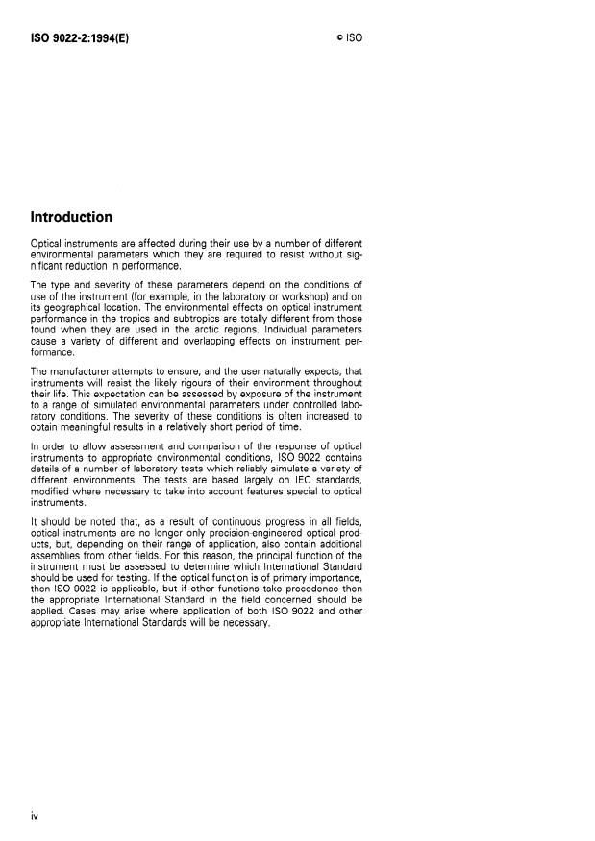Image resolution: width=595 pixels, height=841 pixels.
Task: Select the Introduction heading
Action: tap(72, 217)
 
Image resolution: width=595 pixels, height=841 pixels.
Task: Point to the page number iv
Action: tap(35, 815)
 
